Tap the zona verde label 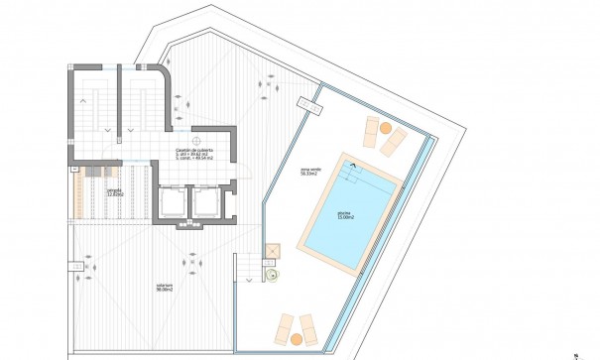309,170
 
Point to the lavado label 87,189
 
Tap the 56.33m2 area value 309,176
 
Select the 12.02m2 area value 87,195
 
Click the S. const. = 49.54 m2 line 194,157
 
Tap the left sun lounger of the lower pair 286,324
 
